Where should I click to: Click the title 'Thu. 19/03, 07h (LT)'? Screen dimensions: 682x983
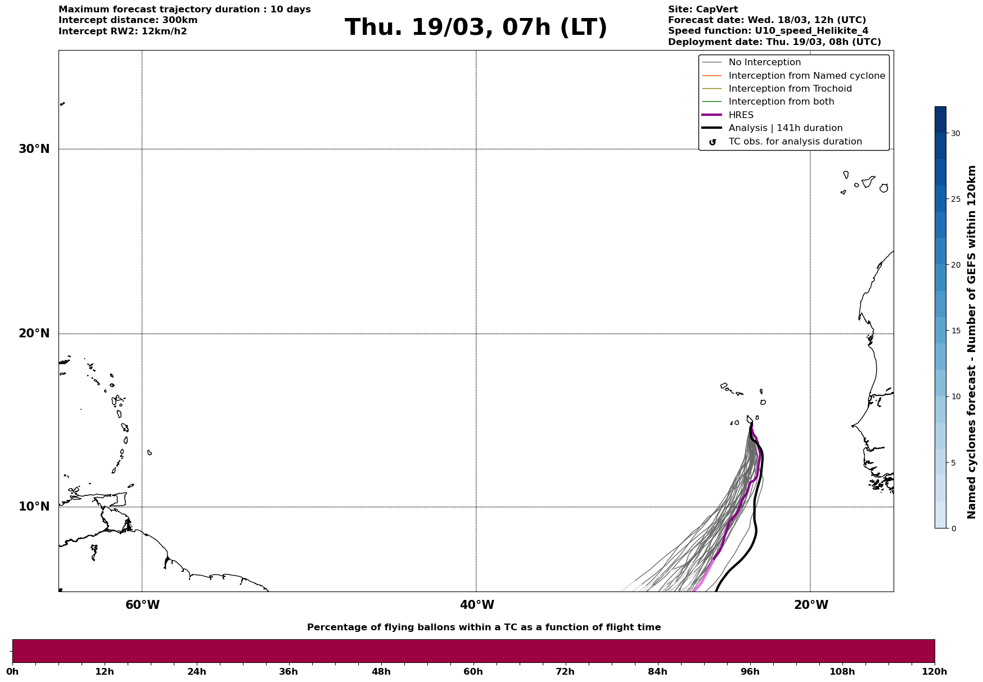476,28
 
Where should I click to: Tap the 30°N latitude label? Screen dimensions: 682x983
34,149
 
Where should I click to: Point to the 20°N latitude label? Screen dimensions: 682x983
34,333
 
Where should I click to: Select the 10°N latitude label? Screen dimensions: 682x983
34,507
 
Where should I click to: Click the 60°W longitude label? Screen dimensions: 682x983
142,605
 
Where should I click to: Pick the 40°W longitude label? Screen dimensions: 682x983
477,605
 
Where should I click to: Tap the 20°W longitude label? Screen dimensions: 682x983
811,605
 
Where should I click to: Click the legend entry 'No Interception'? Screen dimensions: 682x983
764,62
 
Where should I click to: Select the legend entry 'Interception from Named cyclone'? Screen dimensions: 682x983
806,76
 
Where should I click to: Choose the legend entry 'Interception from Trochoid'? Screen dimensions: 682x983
790,89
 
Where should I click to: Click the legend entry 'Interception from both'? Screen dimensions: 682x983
781,102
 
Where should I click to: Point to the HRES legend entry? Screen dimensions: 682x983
741,115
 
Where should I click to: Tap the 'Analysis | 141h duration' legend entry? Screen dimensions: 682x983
785,128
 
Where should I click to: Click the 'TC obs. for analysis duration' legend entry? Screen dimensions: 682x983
795,142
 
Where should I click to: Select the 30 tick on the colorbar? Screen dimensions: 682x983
955,133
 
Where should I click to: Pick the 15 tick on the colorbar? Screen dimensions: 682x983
955,331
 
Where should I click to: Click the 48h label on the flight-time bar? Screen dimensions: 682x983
381,672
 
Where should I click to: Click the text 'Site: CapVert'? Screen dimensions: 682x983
702,10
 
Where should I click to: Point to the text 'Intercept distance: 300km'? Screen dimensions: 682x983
128,20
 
